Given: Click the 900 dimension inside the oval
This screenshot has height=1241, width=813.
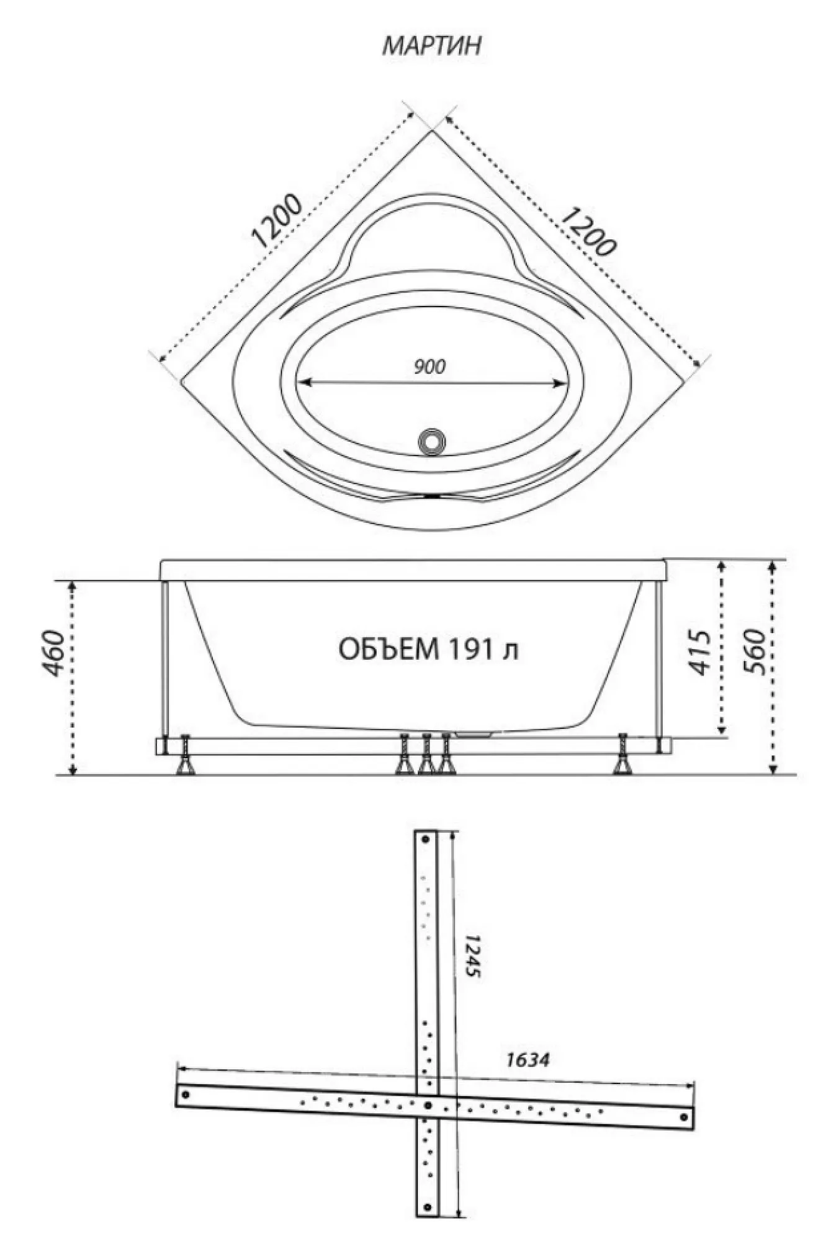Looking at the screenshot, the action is (x=429, y=367).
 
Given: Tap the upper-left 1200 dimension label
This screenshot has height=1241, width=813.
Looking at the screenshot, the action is (x=278, y=222).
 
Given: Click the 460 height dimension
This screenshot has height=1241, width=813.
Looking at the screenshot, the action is (x=55, y=653).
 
